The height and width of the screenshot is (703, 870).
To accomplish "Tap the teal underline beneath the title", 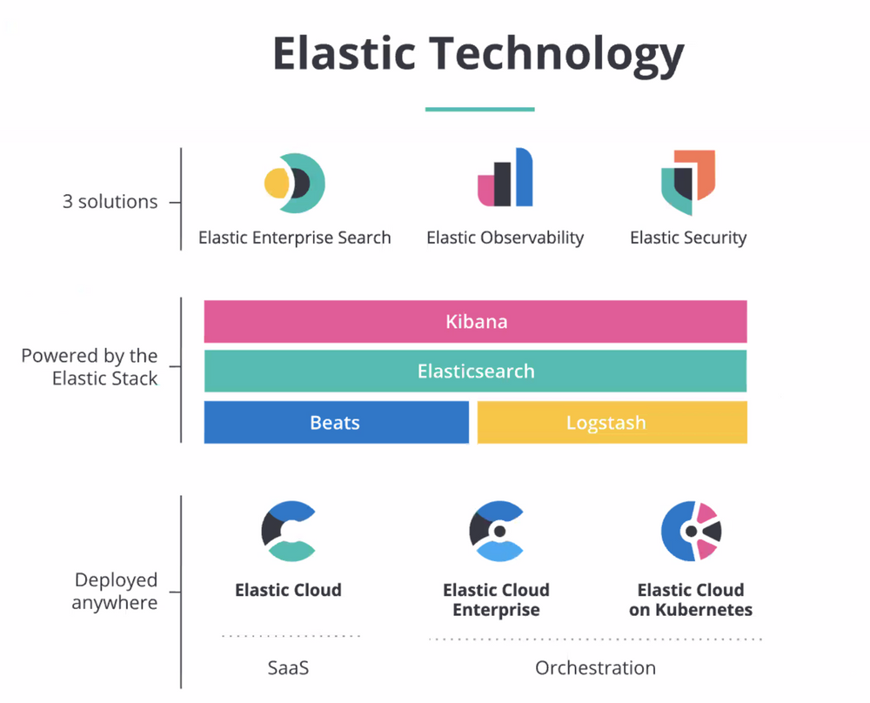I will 479,110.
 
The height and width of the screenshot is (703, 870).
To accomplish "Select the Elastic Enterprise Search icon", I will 295,183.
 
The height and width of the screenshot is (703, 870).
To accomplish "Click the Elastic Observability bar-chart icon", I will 505,179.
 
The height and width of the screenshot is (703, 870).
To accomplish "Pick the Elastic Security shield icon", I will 688,181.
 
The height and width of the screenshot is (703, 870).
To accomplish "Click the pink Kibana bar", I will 475,322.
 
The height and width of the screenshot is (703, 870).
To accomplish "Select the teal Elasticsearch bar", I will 475,372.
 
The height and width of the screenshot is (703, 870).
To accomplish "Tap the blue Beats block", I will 336,423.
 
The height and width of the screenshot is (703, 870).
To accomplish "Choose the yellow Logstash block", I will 612,423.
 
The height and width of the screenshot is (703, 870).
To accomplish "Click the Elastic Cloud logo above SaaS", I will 288,530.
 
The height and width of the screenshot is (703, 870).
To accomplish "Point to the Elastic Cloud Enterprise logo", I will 496,530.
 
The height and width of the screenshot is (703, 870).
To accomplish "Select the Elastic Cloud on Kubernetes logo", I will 691,530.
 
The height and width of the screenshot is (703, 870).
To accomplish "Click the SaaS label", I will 288,668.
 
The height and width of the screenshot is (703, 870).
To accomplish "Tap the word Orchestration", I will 595,668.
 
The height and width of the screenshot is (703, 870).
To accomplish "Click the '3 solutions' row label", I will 110,202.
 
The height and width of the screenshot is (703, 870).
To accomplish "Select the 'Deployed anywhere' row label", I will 115,592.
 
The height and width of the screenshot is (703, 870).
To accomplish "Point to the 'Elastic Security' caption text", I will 688,238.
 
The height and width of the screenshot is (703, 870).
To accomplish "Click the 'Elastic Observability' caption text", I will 505,238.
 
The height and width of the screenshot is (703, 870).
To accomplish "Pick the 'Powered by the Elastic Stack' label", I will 90,367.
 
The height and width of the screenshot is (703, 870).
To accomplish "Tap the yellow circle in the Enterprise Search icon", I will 278,183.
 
